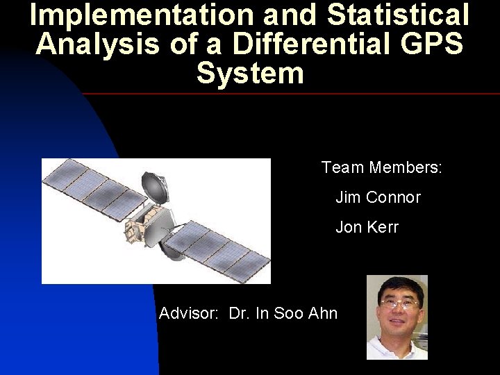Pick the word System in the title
click(250, 73)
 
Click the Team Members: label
click(382, 168)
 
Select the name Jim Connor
click(378, 198)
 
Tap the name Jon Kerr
click(367, 228)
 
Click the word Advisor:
click(188, 314)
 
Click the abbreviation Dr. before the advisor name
click(239, 314)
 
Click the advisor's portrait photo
click(397, 317)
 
